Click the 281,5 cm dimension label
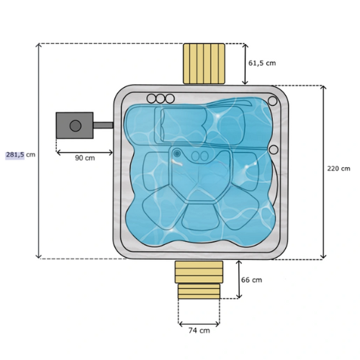[21, 155]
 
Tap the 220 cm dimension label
[338, 168]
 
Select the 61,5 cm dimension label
[262, 63]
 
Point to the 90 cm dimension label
[85, 158]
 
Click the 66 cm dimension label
[251, 280]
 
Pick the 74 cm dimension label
[199, 330]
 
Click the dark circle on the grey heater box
[76, 125]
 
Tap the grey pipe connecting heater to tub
[103, 125]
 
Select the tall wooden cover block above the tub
[204, 63]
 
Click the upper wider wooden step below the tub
[199, 272]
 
